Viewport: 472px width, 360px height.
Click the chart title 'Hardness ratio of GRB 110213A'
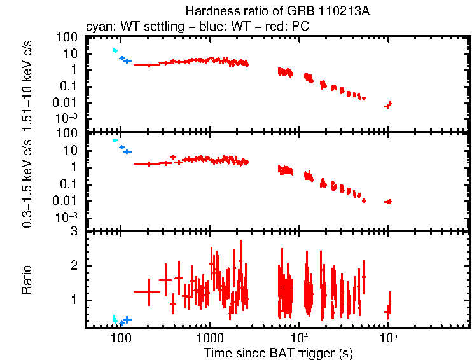point(278,11)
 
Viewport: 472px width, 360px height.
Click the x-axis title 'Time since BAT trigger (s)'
point(278,352)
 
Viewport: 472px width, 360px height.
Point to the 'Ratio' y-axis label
point(27,280)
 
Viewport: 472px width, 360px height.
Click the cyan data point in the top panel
point(115,50)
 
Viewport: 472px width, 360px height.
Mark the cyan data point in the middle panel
point(115,140)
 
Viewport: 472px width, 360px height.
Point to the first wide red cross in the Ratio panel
point(147,291)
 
